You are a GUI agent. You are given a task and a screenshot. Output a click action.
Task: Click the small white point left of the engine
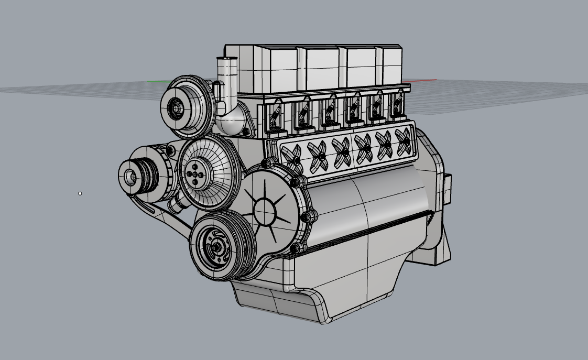click(x=80, y=193)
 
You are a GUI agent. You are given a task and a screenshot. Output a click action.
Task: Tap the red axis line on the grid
click(x=424, y=80)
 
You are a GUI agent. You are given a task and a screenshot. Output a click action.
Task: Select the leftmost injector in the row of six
click(x=274, y=117)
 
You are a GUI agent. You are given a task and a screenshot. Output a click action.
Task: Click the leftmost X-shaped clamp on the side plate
click(x=291, y=156)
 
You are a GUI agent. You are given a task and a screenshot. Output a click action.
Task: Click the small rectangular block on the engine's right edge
click(x=447, y=189)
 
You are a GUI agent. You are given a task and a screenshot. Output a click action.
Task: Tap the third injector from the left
click(x=329, y=111)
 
